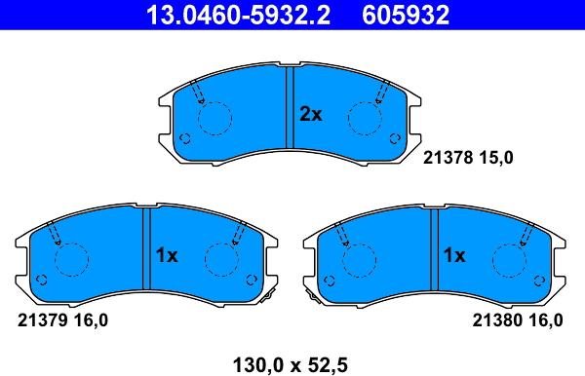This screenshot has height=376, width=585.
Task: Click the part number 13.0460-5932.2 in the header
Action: point(239,15)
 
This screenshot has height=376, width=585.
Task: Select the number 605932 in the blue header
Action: point(406,15)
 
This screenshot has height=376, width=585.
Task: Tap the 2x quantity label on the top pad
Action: point(310,114)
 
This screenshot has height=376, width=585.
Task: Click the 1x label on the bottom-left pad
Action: point(167,255)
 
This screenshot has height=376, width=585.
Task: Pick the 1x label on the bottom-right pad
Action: point(454,255)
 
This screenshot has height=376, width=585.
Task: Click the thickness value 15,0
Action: point(496,158)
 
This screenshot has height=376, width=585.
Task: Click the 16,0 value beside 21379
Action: point(92,320)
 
